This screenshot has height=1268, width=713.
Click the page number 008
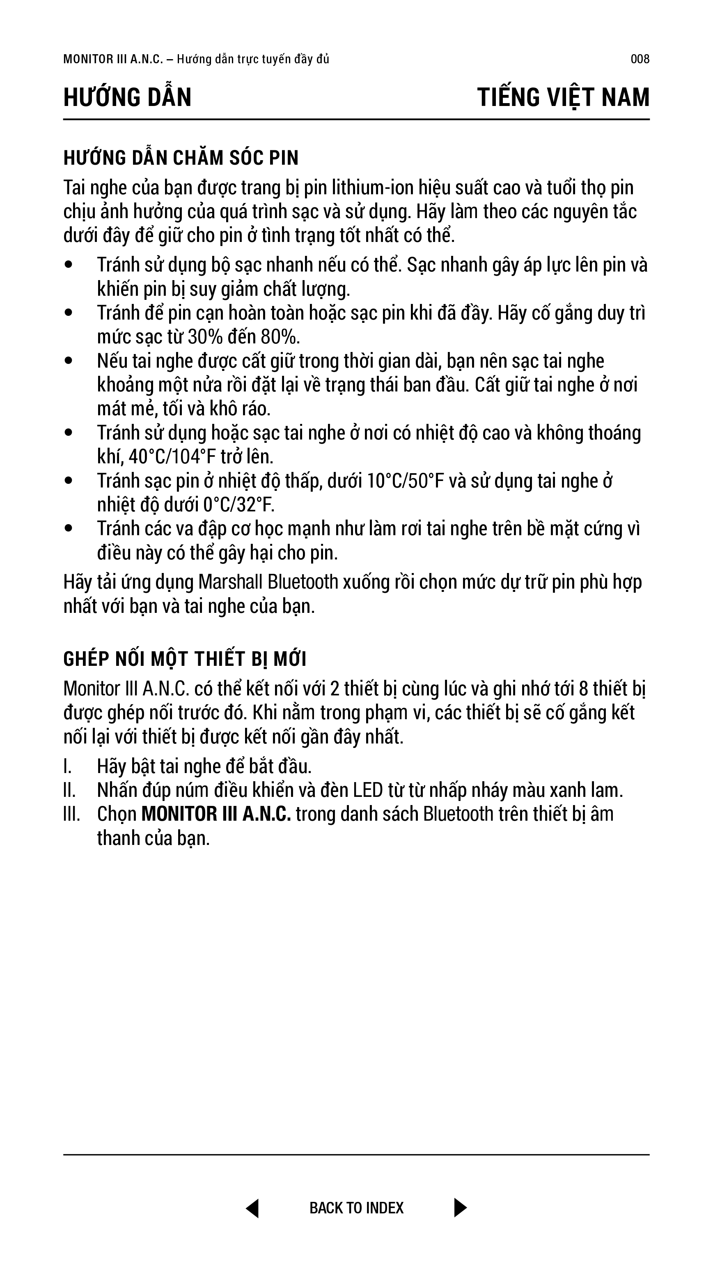640,60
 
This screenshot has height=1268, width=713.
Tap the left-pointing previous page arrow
252,1208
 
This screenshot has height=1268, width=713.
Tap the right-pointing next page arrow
460,1208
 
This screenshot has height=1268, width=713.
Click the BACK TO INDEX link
356,1208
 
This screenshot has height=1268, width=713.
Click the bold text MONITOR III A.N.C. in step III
216,814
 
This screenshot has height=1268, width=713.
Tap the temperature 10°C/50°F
406,481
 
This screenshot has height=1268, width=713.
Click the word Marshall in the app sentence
231,582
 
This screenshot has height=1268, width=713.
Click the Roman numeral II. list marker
69,790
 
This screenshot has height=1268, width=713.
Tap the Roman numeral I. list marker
67,766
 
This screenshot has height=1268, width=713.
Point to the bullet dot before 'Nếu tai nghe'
69,361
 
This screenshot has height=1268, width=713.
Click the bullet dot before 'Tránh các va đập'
69,529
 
